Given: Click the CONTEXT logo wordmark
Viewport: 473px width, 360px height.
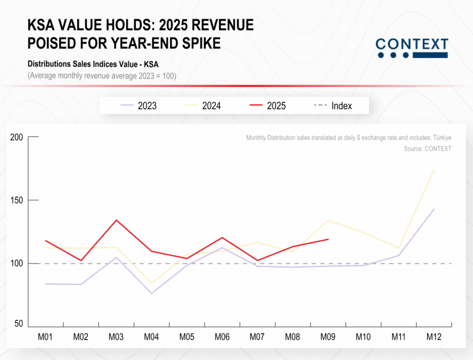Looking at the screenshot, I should pyautogui.click(x=412, y=45).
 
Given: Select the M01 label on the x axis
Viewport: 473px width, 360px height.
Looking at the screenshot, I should pyautogui.click(x=45, y=337).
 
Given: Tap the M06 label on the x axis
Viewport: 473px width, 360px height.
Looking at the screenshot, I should pyautogui.click(x=222, y=337).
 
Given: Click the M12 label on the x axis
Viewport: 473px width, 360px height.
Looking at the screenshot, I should pyautogui.click(x=434, y=337).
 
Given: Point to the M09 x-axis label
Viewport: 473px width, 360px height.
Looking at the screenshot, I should pyautogui.click(x=328, y=337).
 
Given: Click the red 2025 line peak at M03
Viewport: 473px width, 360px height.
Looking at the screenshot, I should pyautogui.click(x=116, y=220).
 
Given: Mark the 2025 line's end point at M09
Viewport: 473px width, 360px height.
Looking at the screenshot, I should pyautogui.click(x=328, y=239).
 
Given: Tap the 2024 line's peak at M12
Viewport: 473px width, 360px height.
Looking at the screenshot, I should pyautogui.click(x=434, y=170).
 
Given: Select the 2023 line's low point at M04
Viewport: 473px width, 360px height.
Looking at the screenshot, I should pyautogui.click(x=152, y=293).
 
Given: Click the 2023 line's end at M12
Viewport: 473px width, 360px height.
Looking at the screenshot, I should pyautogui.click(x=434, y=209).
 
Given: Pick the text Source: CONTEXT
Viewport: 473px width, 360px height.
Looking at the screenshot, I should pyautogui.click(x=427, y=149).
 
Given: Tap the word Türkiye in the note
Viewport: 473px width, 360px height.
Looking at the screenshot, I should pyautogui.click(x=441, y=138).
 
